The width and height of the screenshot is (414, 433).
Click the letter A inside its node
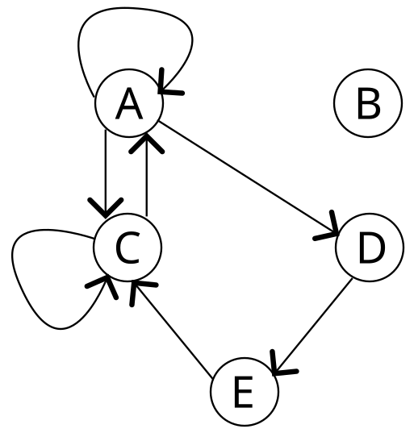click(129, 103)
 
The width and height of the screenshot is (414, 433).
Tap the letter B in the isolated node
click(369, 103)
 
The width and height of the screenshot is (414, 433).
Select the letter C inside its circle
click(128, 248)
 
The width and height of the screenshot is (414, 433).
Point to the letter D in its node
click(372, 248)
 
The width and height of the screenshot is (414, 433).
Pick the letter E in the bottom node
click(244, 392)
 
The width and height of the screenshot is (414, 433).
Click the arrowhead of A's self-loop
click(169, 83)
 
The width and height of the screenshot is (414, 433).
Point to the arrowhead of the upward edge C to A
click(147, 143)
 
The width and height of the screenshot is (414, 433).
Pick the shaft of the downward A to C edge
click(105, 173)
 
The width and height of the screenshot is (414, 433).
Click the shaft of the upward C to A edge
click(147, 174)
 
